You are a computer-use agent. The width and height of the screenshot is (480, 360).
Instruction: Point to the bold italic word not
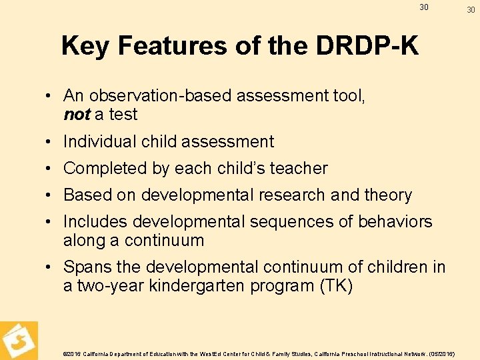tap(77, 115)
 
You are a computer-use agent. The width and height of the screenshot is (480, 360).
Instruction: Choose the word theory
tap(387, 195)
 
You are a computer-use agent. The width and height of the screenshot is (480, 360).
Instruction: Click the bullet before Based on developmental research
tap(51, 195)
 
